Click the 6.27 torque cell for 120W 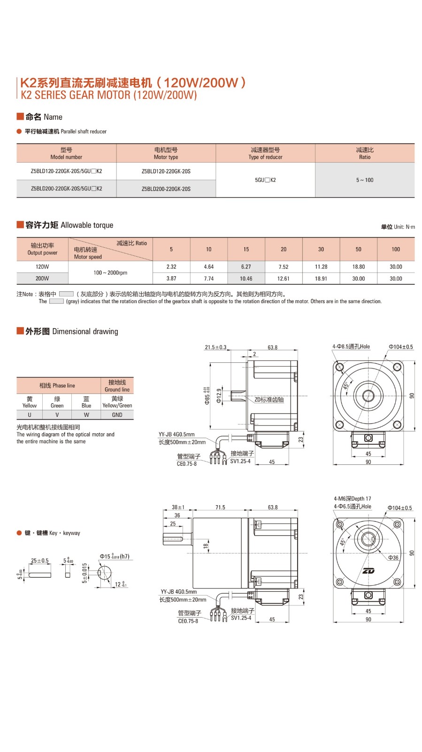pos(246,267)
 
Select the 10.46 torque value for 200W pos(246,279)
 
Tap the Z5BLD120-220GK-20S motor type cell pos(166,172)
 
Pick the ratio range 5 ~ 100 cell pos(365,180)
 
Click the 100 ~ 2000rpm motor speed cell pos(110,273)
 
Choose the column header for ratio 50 pos(359,250)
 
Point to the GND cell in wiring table pos(117,415)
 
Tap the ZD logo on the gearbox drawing pos(368,571)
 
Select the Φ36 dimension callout pos(393,558)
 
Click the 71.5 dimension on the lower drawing pos(220,508)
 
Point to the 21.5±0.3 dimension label pos(215,348)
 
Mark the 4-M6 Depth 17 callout pos(353,499)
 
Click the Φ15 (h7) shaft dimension pos(114,556)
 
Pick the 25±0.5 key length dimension pos(40,561)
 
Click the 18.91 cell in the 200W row pos(321,279)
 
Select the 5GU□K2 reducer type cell pos(265,180)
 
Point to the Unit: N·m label pos(398,227)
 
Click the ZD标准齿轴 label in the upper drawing pos(269,400)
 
